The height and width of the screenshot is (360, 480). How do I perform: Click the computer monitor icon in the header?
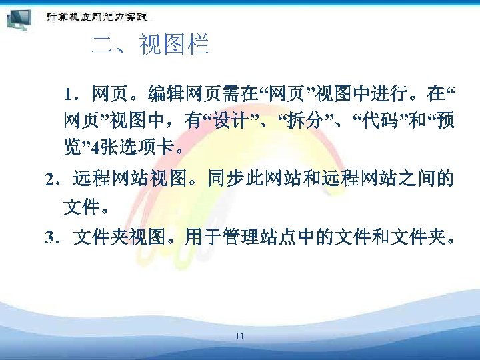(18, 19)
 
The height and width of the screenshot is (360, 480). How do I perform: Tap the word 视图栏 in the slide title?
(173, 45)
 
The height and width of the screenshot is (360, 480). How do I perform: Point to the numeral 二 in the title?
(101, 45)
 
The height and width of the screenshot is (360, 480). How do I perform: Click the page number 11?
(239, 336)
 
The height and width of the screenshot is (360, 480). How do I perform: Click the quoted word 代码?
(379, 120)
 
